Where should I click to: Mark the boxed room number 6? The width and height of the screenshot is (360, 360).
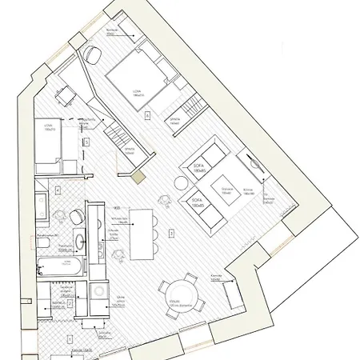146,116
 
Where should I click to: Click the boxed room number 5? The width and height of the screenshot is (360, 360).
171,233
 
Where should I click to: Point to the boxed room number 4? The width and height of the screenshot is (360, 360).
58,190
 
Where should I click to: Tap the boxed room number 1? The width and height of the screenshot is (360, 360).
70,340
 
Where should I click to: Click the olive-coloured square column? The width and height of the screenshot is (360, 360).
139,178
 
